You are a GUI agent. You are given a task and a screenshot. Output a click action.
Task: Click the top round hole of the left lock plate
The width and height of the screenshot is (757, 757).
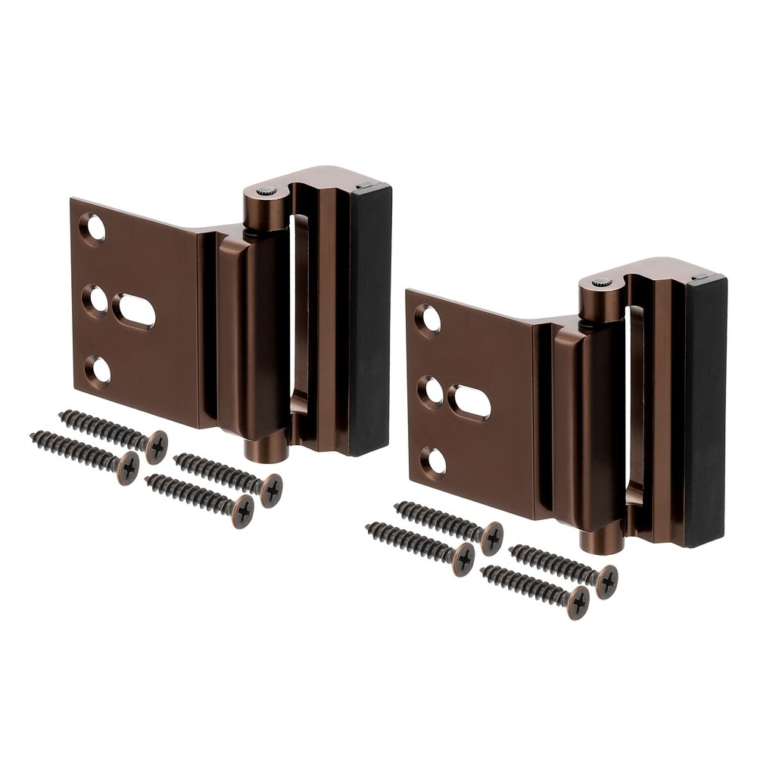pos(93,228)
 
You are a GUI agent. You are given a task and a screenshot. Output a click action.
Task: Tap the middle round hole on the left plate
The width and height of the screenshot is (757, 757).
pos(95,300)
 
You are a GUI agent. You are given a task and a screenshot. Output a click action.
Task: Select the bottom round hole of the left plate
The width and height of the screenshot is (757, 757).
pos(98,370)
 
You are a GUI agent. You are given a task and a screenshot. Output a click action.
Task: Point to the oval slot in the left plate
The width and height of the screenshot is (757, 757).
pos(134,311)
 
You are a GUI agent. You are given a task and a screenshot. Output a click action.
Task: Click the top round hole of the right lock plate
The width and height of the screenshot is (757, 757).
pos(428,319)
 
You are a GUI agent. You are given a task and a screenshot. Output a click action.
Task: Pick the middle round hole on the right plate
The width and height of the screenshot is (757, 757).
pos(431,391)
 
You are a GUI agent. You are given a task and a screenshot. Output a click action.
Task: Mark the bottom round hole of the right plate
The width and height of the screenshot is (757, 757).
pos(433,461)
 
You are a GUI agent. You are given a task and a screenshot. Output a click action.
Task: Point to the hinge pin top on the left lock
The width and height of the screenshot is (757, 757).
pos(266,192)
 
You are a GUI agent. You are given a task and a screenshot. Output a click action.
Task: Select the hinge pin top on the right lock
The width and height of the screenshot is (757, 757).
pos(602,282)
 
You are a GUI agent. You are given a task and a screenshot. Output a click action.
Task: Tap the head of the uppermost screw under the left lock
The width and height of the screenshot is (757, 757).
pos(157,446)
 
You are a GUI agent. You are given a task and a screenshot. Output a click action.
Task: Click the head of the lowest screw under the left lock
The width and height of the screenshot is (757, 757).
pos(242,511)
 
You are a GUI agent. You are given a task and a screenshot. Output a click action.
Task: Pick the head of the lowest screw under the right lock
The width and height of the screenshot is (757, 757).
pos(578,602)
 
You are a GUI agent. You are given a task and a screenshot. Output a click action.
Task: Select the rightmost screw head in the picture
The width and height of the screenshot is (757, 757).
pos(606,581)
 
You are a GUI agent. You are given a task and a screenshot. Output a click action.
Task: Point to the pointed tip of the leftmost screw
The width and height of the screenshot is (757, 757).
pos(32,435)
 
